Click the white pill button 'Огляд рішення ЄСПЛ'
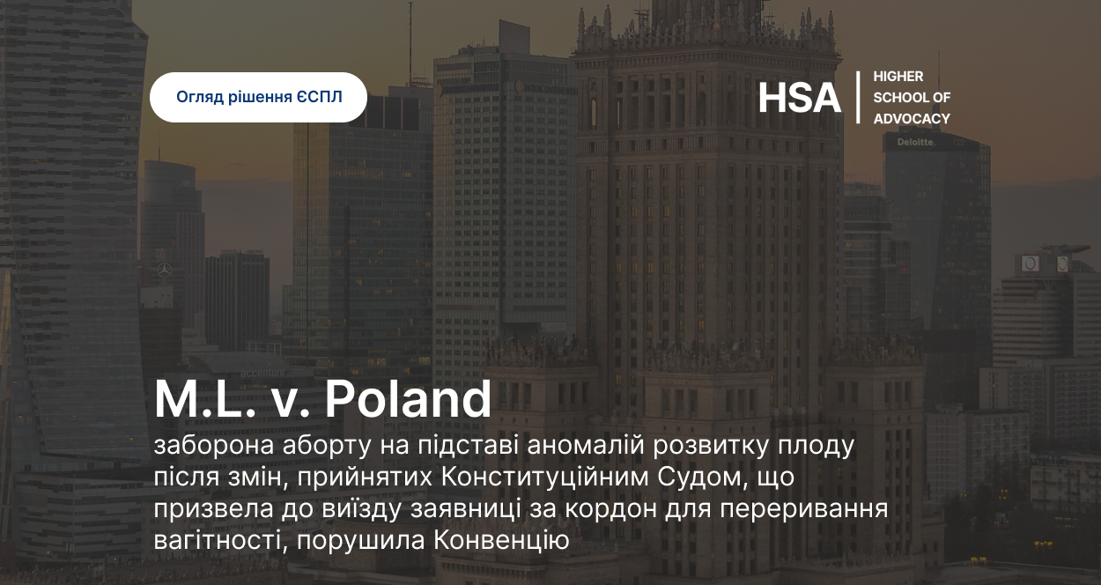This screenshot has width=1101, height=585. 259,97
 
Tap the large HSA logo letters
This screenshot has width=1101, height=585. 800,98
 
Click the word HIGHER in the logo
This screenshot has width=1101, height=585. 898,77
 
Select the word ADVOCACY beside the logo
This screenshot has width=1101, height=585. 912,119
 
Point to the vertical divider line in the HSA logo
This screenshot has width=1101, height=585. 858,97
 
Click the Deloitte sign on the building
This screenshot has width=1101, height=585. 916,142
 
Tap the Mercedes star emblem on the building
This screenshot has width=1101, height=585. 164,270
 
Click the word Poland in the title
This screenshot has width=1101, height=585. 408,399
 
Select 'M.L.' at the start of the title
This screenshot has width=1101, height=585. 205,399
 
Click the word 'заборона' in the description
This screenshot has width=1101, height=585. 214,446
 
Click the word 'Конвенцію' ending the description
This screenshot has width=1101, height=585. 501,541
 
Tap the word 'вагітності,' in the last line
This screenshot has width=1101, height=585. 221,541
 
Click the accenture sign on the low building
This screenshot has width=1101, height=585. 262,373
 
